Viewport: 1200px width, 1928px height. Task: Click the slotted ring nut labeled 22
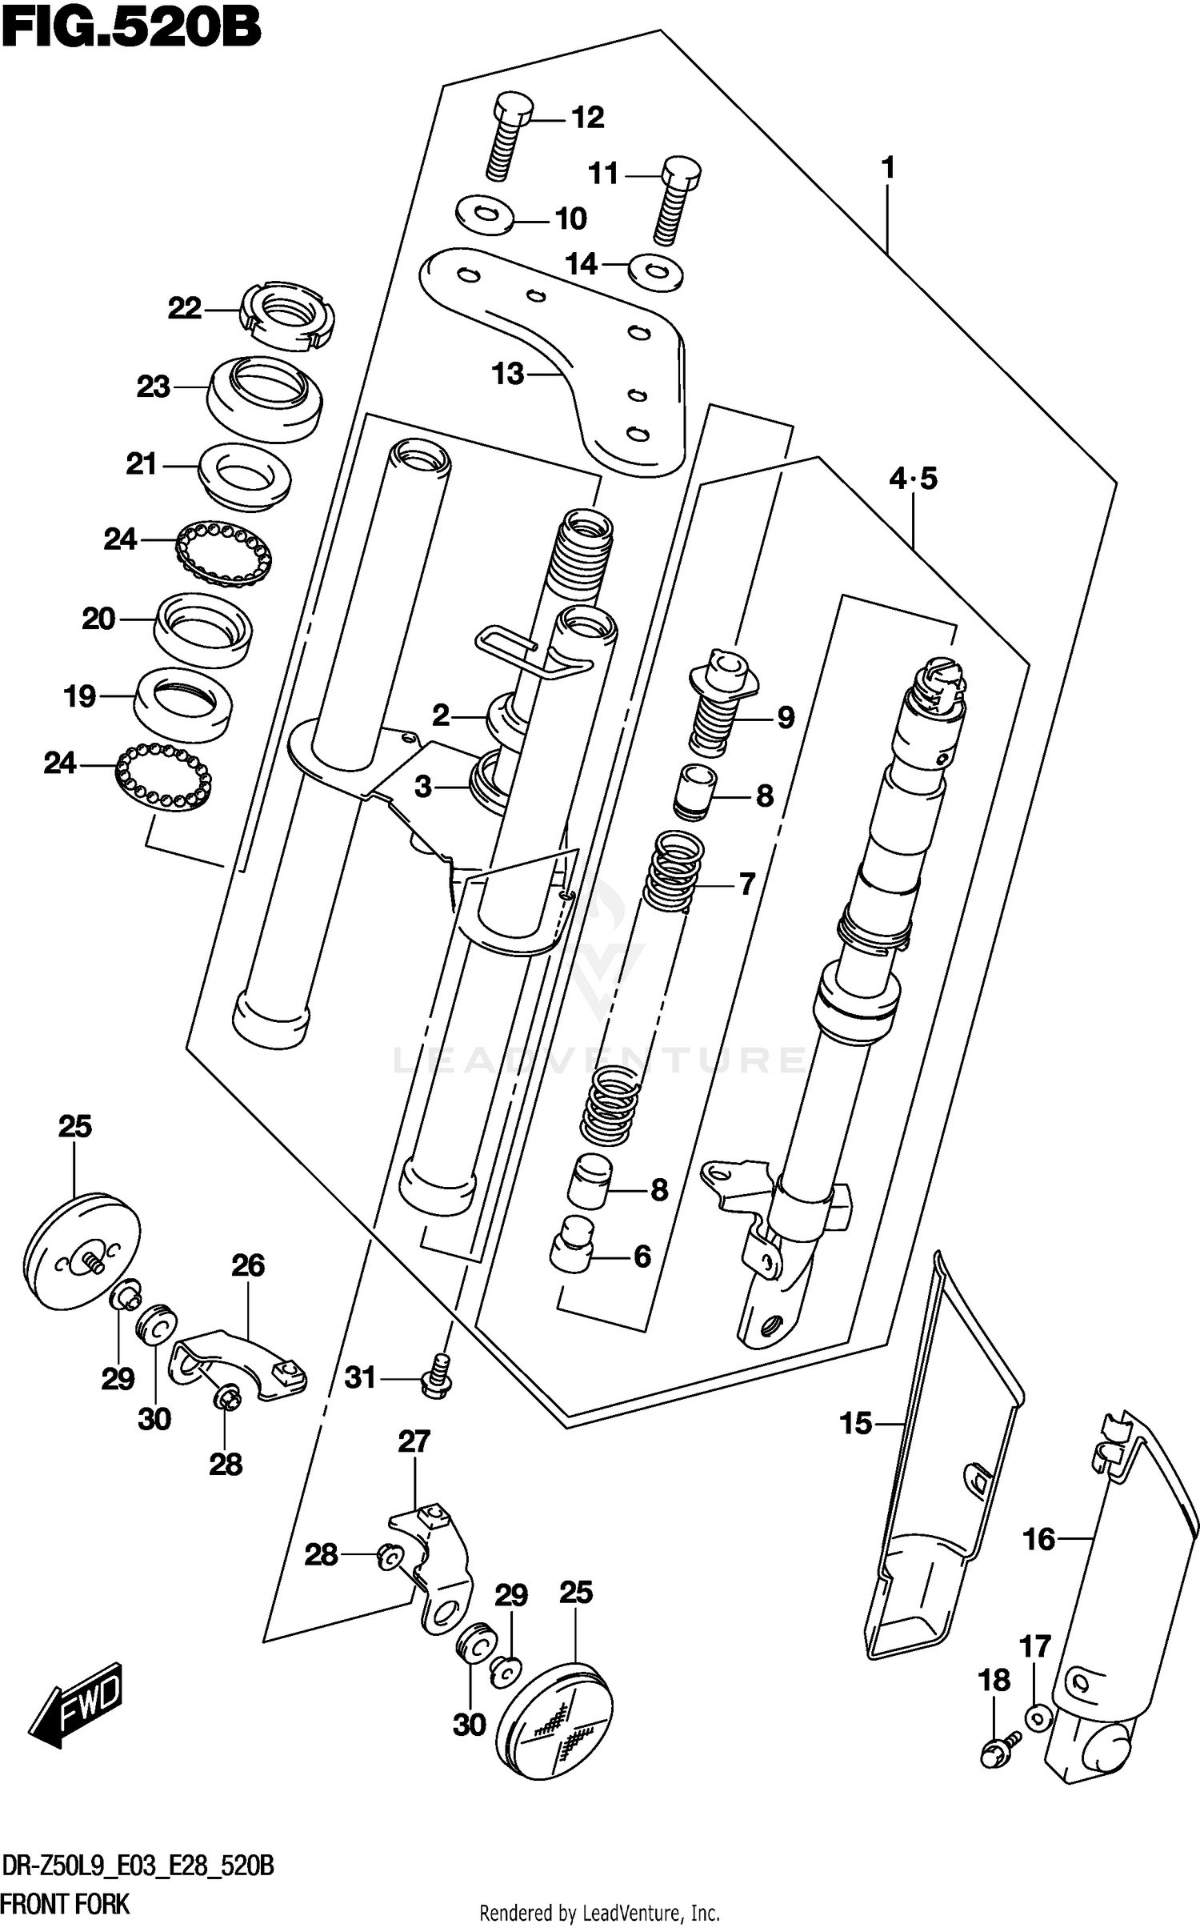click(x=287, y=315)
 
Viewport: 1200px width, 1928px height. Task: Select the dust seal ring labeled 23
click(x=265, y=397)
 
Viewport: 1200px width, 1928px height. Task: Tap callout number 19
click(x=80, y=696)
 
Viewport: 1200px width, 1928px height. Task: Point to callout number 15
click(x=855, y=1425)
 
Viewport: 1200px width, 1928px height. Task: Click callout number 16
click(x=1039, y=1538)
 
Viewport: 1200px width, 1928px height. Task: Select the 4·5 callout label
click(x=913, y=479)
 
